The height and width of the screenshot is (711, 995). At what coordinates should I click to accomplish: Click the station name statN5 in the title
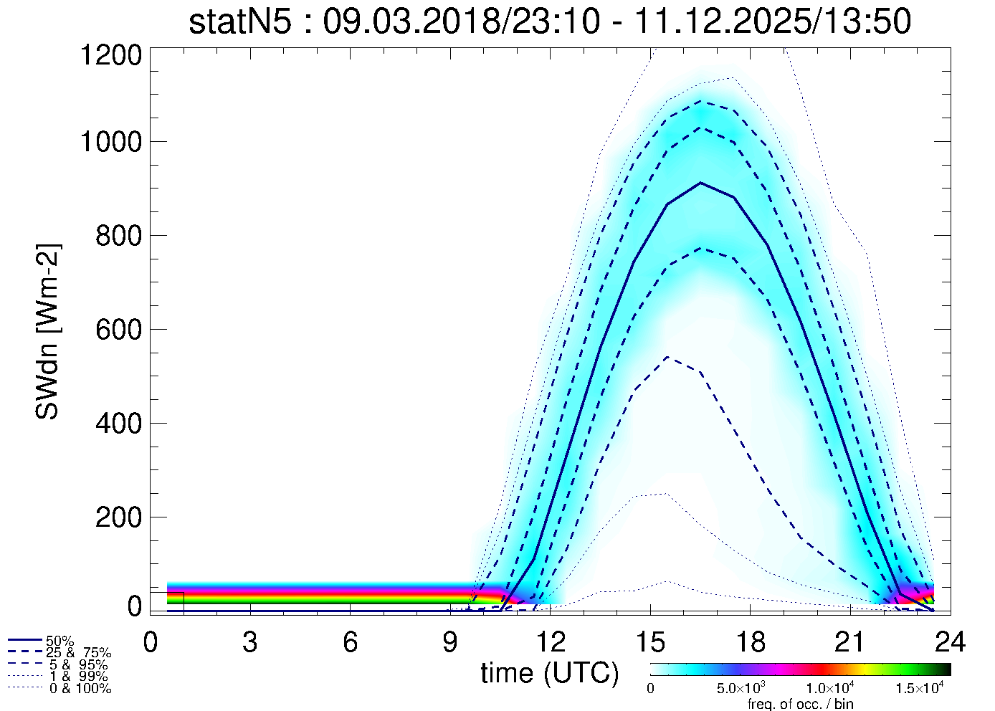240,22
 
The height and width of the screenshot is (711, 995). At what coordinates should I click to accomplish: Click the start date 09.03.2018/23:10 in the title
461,22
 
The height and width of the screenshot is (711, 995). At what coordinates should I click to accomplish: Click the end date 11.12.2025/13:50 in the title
773,22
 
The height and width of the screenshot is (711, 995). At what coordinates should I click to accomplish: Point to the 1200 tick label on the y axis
110,56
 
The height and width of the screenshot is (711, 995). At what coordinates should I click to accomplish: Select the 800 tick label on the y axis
119,235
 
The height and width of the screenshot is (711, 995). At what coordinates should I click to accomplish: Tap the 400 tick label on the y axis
119,423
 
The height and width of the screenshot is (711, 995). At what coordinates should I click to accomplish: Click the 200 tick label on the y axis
119,517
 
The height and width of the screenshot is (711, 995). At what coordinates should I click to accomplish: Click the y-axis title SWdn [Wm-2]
48,331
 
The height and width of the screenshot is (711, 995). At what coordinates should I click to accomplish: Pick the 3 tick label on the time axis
250,643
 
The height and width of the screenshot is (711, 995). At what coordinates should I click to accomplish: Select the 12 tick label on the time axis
550,643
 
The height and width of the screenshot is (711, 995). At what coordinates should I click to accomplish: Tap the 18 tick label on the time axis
750,643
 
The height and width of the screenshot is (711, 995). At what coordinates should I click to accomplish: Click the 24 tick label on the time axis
950,643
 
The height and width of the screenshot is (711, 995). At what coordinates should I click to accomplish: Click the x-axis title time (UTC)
549,673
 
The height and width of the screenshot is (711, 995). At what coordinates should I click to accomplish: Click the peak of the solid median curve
700,183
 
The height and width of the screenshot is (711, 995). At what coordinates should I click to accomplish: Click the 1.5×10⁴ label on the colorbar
921,689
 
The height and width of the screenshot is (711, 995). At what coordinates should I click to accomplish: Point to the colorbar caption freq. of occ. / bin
800,704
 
